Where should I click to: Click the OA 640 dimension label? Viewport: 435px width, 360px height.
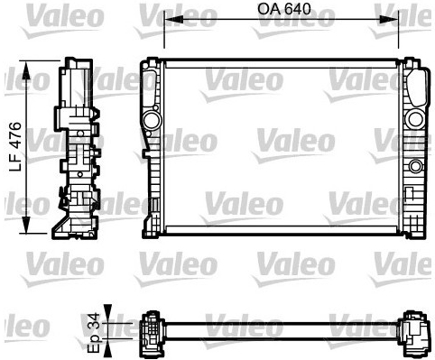point(283,9)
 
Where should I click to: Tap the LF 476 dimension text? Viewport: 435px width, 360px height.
point(15,147)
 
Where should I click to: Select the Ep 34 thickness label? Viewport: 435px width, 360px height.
point(93,333)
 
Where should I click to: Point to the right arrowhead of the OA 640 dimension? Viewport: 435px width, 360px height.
point(389,20)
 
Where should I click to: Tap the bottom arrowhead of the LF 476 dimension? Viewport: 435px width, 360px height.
point(26,224)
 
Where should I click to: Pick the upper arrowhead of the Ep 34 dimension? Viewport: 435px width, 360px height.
point(107,314)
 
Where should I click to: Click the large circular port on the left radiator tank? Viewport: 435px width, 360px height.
point(151,120)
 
